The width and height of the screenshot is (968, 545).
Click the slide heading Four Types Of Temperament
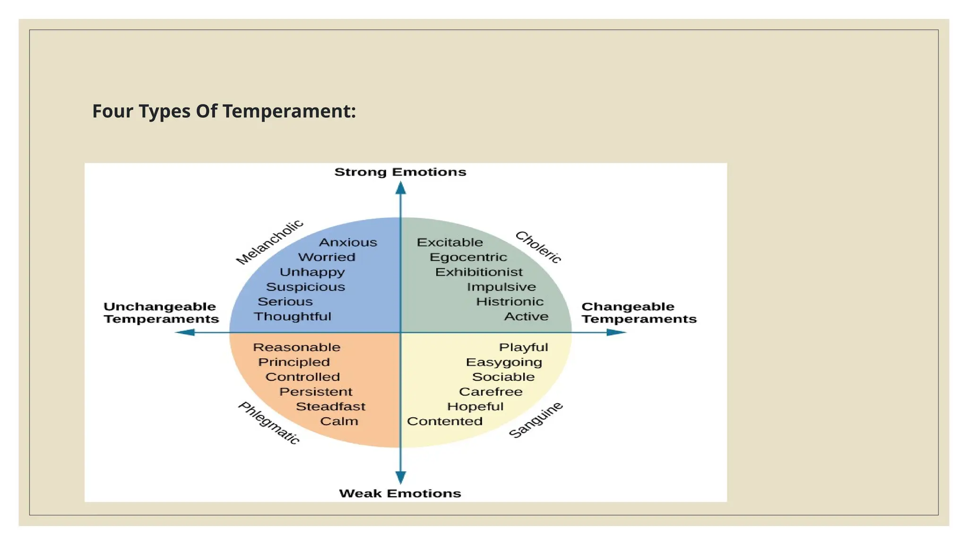tap(224, 111)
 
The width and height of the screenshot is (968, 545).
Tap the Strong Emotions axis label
tap(400, 172)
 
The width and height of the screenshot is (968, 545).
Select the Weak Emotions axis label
tap(400, 493)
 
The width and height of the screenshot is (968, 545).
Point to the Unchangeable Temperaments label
tap(161, 313)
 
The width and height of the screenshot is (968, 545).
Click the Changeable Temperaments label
tap(639, 313)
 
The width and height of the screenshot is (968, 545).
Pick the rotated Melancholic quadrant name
tap(269, 241)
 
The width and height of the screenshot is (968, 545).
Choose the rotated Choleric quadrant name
tap(538, 246)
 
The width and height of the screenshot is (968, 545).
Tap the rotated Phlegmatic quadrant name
tap(268, 422)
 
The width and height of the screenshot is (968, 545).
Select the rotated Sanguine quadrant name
tap(536, 420)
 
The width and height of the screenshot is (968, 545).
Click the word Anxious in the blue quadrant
tap(348, 242)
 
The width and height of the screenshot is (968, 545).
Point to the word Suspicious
tap(305, 287)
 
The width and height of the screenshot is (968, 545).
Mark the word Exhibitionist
tap(479, 272)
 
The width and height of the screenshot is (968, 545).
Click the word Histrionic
tap(510, 301)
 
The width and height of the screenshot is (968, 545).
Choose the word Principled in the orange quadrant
tap(294, 362)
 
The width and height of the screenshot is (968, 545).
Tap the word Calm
tap(339, 421)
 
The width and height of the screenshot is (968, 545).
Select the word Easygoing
tap(504, 362)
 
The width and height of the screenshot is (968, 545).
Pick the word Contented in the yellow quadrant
tap(445, 421)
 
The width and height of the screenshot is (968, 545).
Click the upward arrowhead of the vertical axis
tap(401, 188)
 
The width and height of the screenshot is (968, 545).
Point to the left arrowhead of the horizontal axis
tap(185, 333)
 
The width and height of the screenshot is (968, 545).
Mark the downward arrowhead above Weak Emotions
tap(401, 477)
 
